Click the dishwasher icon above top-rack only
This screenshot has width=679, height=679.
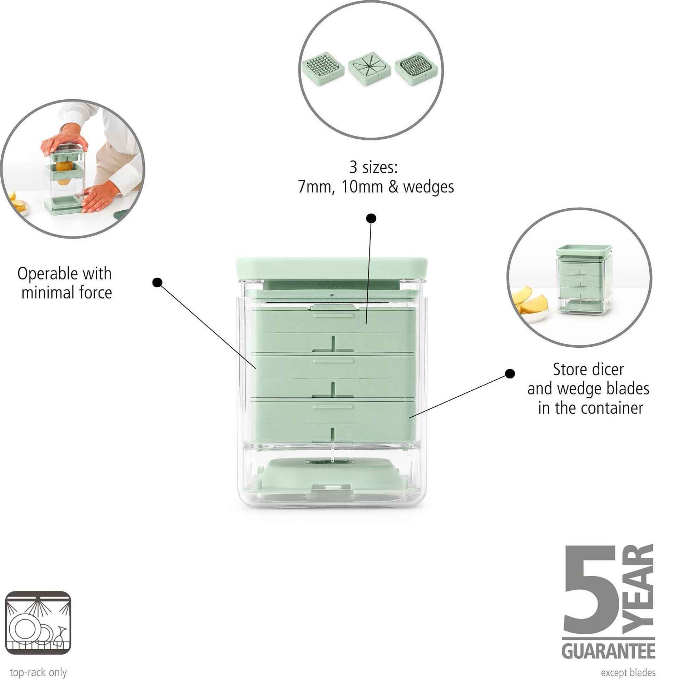coord(38,623)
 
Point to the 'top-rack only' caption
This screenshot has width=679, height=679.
coord(38,672)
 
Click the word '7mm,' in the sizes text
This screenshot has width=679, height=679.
coord(316,187)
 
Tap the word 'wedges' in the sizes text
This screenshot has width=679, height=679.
coord(428,187)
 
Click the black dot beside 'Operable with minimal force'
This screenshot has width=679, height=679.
coord(157,282)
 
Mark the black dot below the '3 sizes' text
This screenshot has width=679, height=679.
coord(371,218)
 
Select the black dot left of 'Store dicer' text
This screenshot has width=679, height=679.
coord(510,373)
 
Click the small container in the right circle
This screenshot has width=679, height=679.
coord(584,281)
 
